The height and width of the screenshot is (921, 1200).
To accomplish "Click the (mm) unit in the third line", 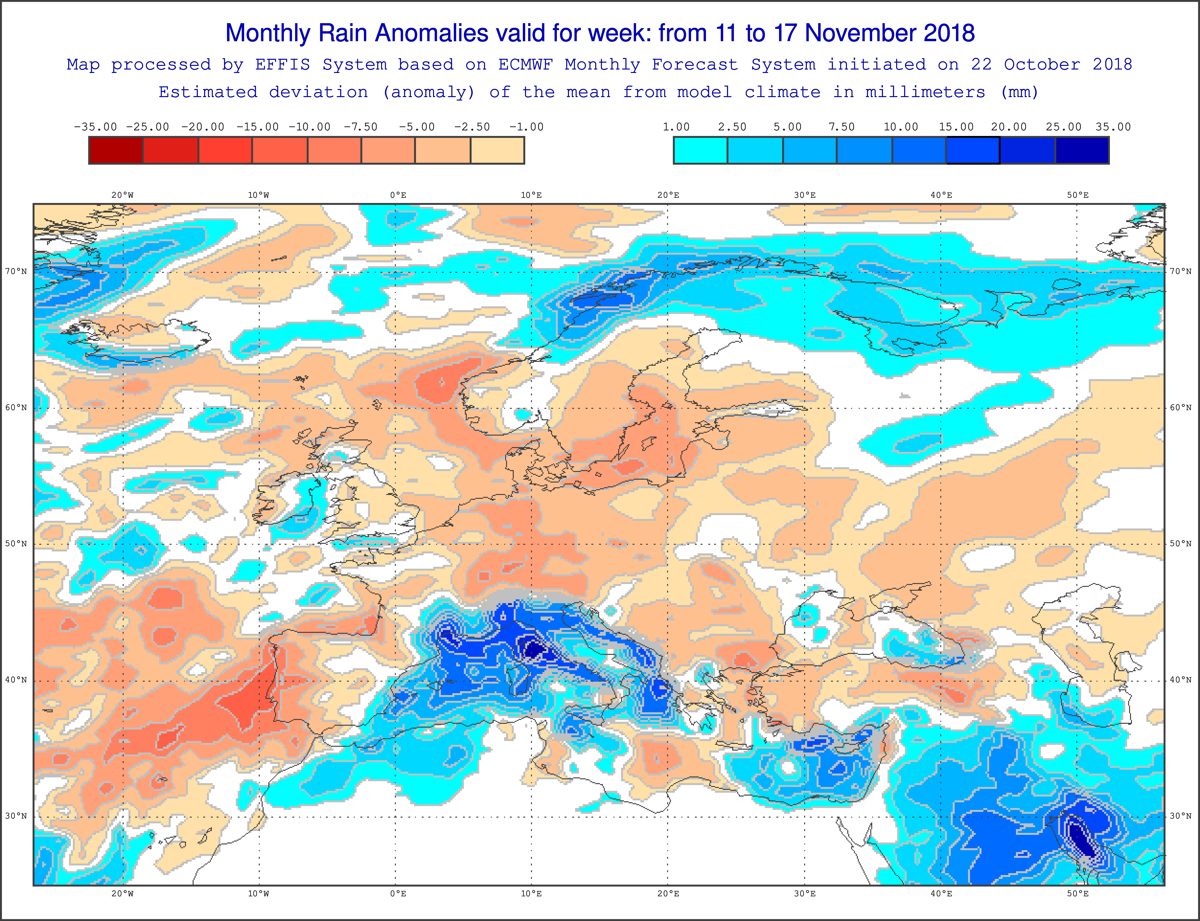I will (x=1019, y=92).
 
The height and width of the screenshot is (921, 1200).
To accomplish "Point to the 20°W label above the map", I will (x=122, y=195).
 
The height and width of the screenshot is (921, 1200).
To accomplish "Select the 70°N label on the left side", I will (x=16, y=271).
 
